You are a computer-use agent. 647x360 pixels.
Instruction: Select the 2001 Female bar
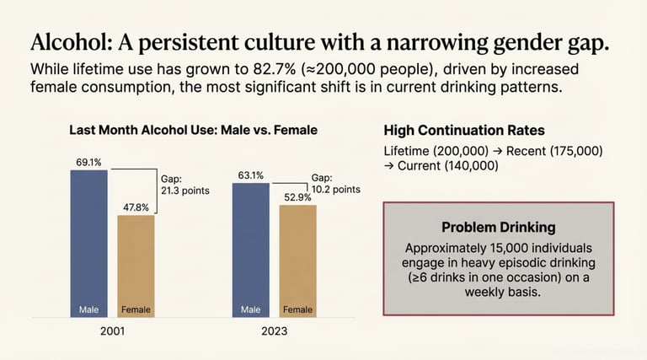(x=136, y=266)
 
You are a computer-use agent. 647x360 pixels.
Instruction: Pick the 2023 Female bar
(x=297, y=261)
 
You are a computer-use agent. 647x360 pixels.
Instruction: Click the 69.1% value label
(x=88, y=160)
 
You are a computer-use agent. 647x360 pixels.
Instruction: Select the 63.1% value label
(x=250, y=175)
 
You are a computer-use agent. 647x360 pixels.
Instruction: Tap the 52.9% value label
(x=297, y=196)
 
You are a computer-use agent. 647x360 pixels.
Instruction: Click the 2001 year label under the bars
(x=112, y=331)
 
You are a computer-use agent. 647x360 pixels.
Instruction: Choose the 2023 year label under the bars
(x=274, y=331)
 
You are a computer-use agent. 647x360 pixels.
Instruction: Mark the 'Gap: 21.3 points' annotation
(x=184, y=184)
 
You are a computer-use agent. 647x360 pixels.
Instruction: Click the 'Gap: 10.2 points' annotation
(x=336, y=184)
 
